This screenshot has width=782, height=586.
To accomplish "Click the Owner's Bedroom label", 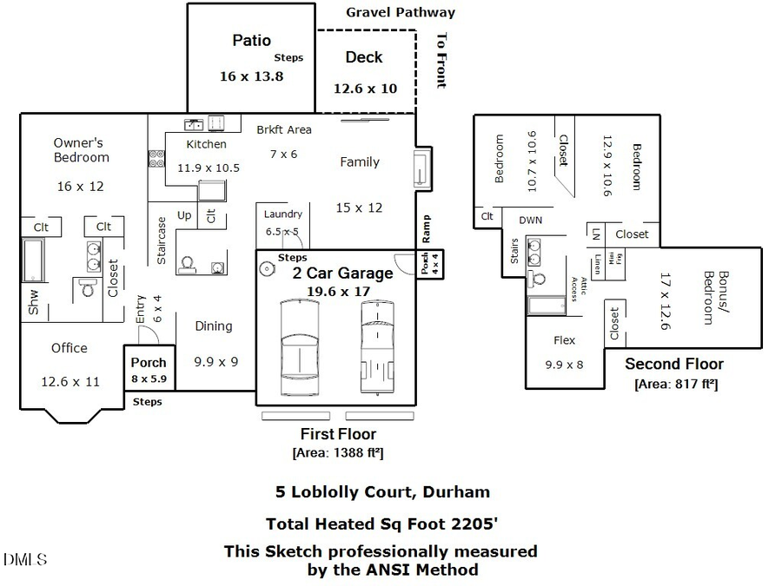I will [81, 150].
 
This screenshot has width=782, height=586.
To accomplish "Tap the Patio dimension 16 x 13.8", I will [252, 76].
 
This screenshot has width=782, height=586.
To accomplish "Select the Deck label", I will [364, 57].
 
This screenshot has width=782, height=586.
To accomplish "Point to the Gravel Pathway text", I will [401, 12].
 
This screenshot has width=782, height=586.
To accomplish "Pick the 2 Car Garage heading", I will [341, 273].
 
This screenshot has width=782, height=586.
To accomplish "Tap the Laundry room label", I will [283, 214].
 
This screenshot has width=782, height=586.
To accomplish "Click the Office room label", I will [69, 348].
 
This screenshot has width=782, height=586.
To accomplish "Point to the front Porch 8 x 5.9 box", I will [149, 370].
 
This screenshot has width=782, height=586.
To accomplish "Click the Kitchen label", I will [207, 144].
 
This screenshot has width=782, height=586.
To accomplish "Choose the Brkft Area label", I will [283, 130].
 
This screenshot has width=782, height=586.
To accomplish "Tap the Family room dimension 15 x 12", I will [360, 207].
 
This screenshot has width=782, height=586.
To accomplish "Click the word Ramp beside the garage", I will [427, 228].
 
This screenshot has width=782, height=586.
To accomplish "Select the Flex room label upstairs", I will [565, 340].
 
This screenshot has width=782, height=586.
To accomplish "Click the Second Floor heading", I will [673, 364].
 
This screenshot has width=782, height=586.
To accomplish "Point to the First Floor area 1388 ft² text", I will [338, 452].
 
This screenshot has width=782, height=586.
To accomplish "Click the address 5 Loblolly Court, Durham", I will [382, 491].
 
